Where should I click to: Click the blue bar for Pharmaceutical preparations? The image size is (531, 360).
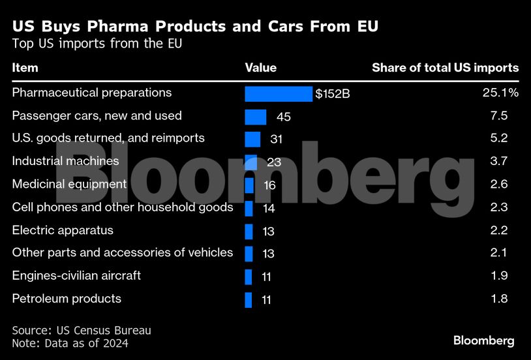coord(279,94)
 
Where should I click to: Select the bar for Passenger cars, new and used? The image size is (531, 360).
coord(256,117)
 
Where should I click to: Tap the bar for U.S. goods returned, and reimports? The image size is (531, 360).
coord(252,140)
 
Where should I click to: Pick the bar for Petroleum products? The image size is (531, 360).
coord(249,300)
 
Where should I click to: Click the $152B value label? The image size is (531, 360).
coord(333,94)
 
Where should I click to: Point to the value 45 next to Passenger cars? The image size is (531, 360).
coord(283,117)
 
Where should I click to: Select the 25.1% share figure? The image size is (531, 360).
coord(500,93)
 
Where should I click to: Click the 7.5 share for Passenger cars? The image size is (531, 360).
coord(499,116)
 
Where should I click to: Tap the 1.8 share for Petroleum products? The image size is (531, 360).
coord(499,299)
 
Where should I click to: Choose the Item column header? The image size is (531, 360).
coord(25,68)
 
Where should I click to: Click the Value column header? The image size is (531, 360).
coord(261,68)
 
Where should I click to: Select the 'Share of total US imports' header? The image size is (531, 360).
coord(446,68)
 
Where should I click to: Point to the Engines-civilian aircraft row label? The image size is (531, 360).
coord(76,276)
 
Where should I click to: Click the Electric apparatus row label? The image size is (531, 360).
coord(63,230)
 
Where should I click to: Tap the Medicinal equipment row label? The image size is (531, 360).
coord(69,185)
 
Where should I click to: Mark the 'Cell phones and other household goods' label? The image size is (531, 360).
coord(123,207)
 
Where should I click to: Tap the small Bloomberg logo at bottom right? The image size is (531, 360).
coord(484,340)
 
